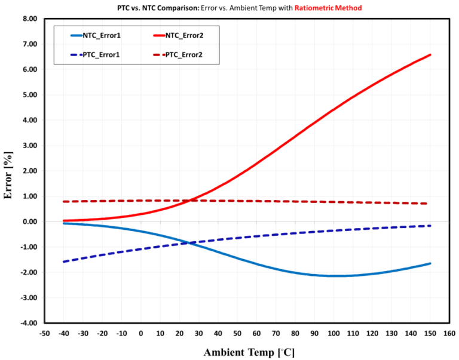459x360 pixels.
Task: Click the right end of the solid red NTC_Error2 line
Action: pos(430,55)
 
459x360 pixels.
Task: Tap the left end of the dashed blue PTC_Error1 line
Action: pos(63,261)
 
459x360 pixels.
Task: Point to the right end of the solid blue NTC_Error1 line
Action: pos(430,263)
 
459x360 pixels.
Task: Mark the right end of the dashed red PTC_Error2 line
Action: pos(427,204)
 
